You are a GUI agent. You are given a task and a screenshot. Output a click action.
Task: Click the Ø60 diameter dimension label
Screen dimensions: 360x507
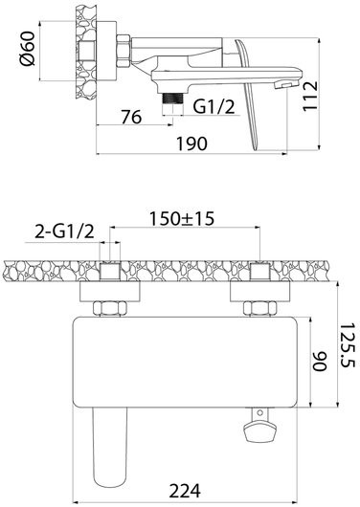click(27, 49)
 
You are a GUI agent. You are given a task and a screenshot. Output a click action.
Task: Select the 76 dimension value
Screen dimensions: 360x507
click(131, 117)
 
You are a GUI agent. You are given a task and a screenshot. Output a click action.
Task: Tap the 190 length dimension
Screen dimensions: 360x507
click(191, 143)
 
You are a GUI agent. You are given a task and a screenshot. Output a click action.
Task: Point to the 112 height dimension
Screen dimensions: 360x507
click(310, 97)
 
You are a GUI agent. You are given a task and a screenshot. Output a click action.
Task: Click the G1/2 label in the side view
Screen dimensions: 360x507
click(214, 106)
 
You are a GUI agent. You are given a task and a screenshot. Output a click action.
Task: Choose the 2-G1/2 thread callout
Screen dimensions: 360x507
click(64, 231)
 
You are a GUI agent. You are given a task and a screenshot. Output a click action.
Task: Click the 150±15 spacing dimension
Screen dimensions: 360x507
click(182, 218)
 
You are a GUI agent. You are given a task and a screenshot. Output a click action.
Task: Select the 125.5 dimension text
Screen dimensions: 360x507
click(348, 345)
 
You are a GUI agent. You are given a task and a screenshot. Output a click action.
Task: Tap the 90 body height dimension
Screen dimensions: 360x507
click(320, 362)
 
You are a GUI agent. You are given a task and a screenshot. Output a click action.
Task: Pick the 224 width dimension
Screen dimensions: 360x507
click(185, 491)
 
